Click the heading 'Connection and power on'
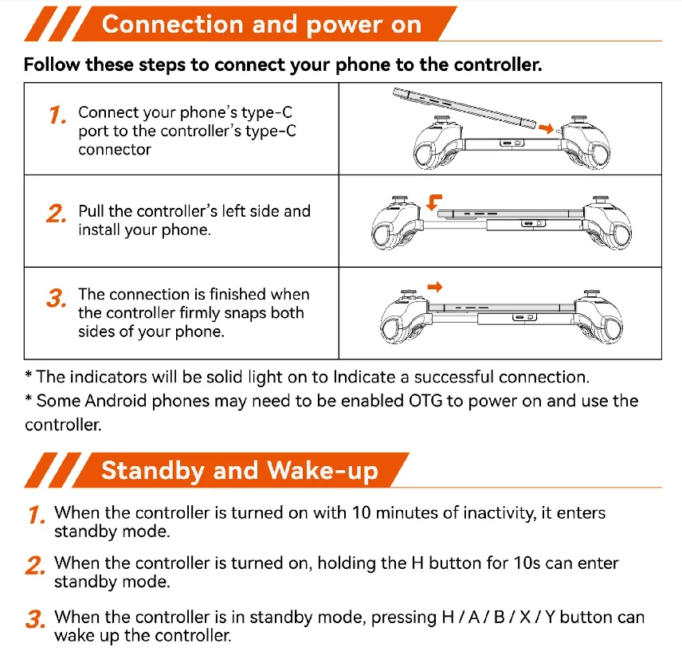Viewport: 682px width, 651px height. pos(261,24)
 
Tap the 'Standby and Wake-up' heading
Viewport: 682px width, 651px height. pos(239,470)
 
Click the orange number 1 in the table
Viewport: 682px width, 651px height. pos(57,116)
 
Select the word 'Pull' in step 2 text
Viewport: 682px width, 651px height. pos(92,211)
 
